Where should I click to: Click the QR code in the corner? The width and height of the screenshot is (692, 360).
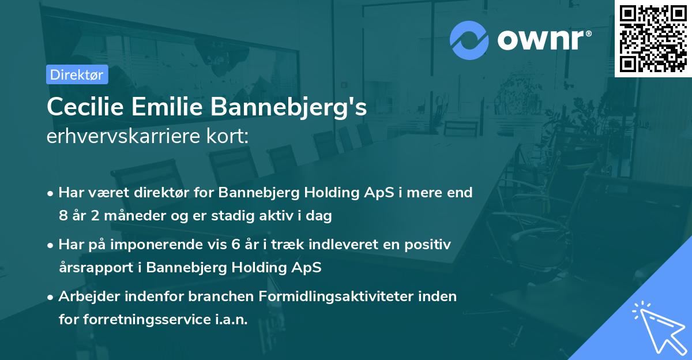click(x=653, y=39)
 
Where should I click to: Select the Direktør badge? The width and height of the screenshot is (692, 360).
click(x=77, y=74)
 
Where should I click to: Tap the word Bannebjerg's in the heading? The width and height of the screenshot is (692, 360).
click(x=292, y=107)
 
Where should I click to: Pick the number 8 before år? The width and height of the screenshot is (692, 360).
click(x=63, y=216)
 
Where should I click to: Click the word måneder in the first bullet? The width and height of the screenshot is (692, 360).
click(x=128, y=216)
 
